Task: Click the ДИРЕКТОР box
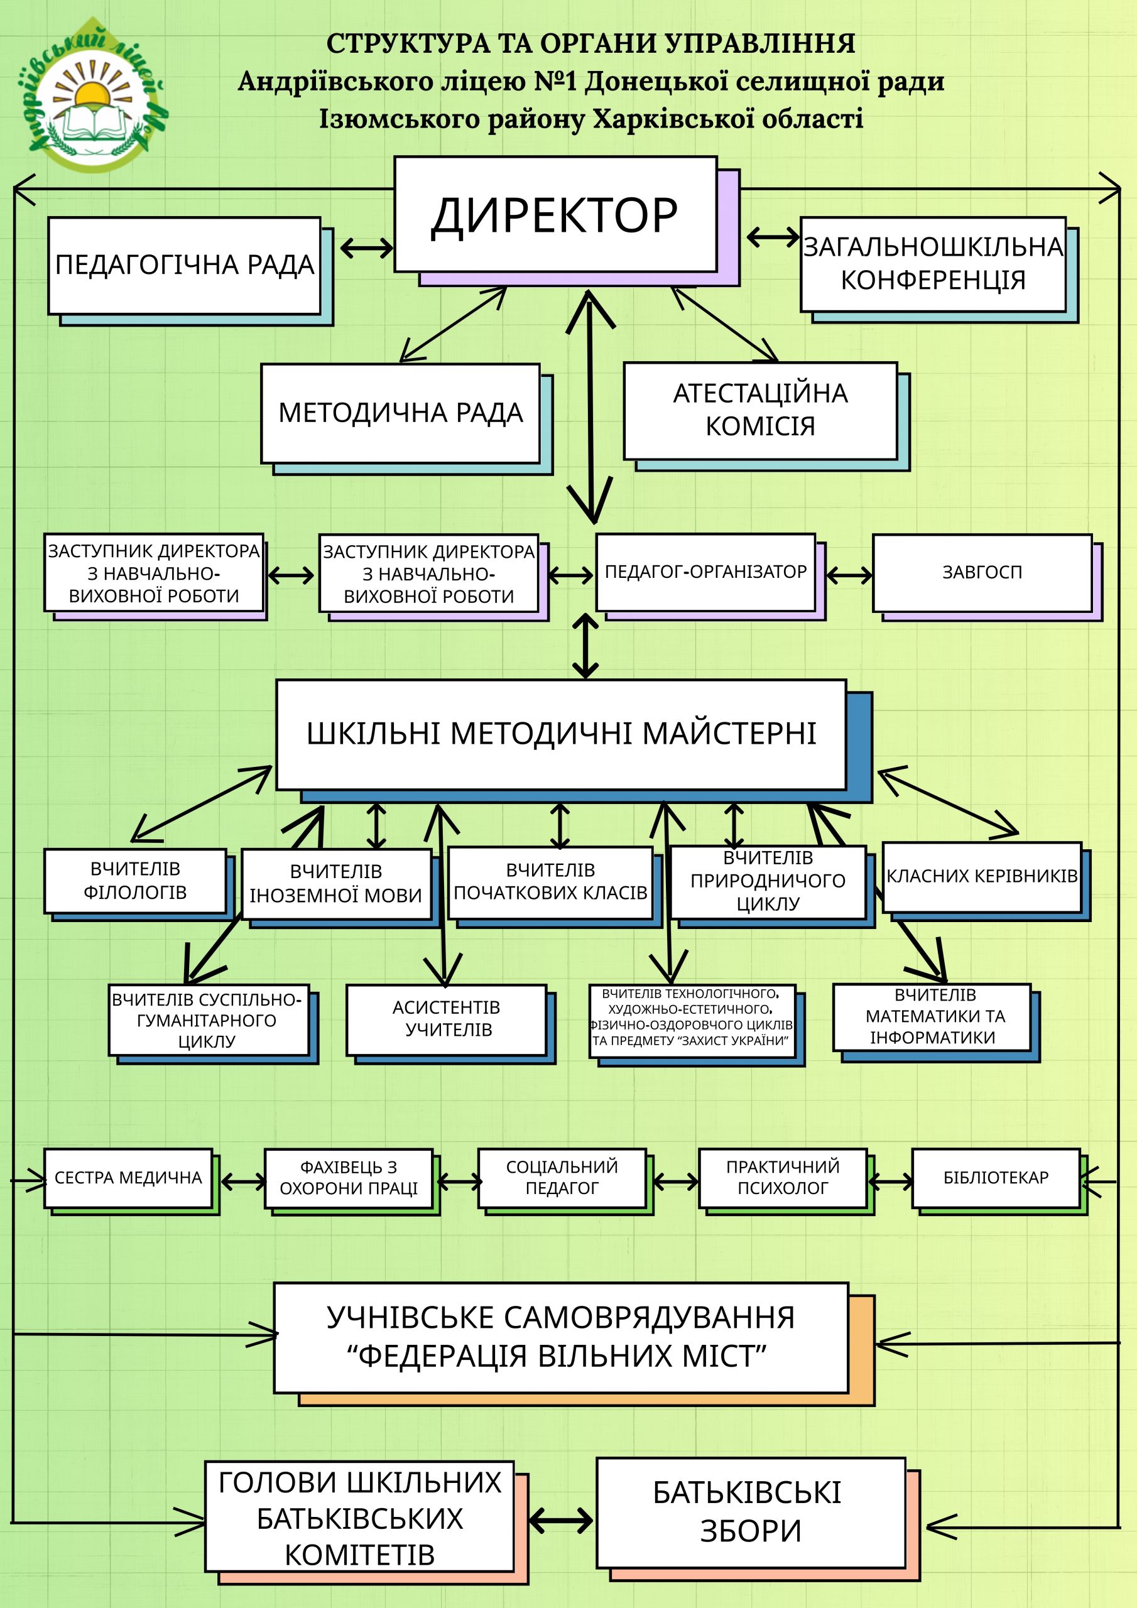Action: (555, 214)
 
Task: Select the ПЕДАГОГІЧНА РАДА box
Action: (184, 266)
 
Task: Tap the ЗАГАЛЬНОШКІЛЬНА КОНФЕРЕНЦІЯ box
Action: (932, 264)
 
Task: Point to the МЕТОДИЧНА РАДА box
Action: (400, 413)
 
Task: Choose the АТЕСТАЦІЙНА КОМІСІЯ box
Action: (760, 410)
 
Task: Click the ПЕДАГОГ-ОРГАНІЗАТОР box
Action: (705, 572)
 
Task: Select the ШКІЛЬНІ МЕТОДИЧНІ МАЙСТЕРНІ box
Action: (561, 734)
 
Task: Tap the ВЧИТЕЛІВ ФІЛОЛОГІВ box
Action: (135, 881)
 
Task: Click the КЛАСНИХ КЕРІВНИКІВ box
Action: (981, 876)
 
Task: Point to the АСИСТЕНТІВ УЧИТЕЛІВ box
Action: (446, 1019)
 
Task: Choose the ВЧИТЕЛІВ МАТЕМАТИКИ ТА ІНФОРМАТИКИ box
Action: (932, 1017)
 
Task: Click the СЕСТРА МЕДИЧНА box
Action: (128, 1178)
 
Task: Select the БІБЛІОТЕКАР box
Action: (995, 1178)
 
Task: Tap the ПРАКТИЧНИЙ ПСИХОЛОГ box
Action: (783, 1178)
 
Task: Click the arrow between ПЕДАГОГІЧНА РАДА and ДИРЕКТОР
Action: (366, 247)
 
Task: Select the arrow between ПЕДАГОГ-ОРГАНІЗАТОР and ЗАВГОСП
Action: (850, 576)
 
